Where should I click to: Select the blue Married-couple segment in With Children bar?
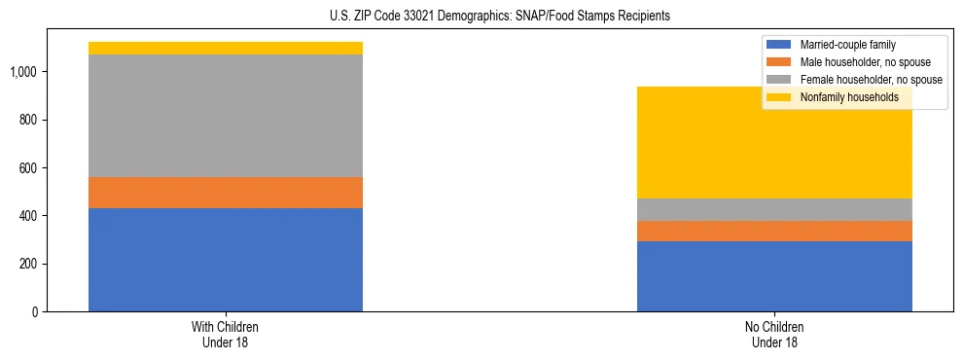click(226, 260)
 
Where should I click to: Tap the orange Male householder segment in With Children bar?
click(226, 193)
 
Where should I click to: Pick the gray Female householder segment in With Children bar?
click(226, 116)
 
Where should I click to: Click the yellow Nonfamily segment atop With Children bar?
click(226, 48)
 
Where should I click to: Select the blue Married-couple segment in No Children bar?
click(774, 276)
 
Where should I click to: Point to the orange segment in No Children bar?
click(774, 231)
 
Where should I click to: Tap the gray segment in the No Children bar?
click(774, 209)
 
